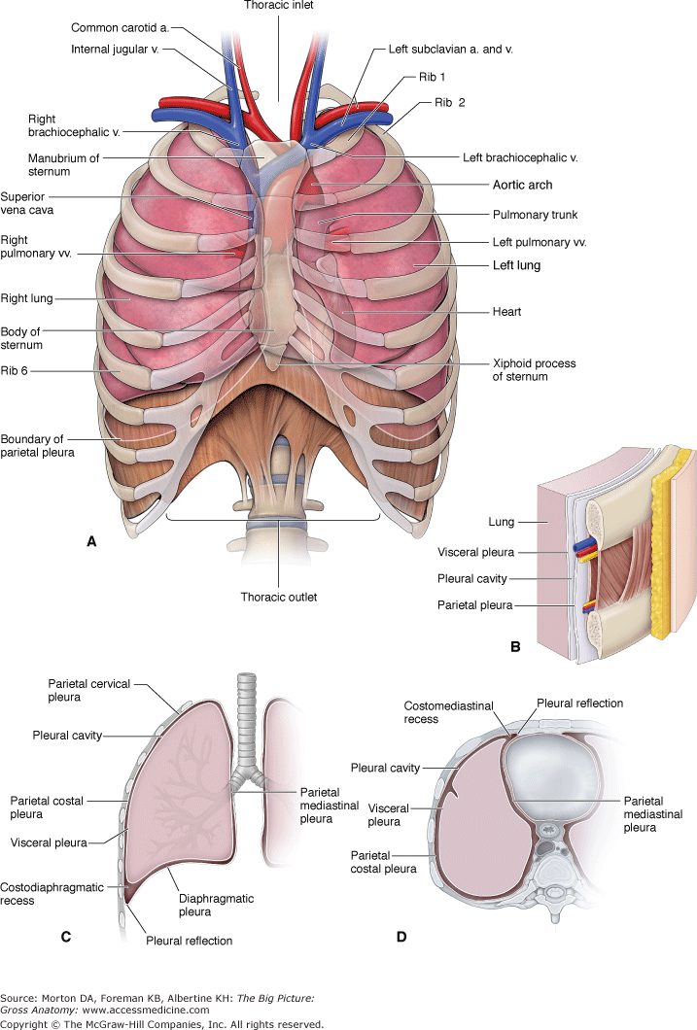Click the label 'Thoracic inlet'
click(279, 5)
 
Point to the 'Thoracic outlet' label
click(280, 597)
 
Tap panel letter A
click(91, 542)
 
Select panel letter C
click(66, 937)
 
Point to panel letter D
click(401, 937)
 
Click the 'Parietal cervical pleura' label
click(72, 690)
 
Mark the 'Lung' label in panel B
click(501, 522)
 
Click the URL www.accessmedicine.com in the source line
click(156, 1010)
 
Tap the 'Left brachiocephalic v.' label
click(524, 155)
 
